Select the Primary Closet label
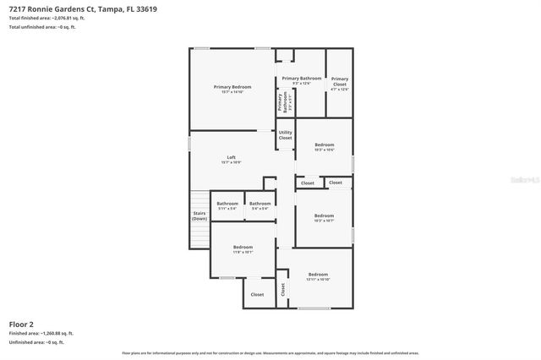(339, 82)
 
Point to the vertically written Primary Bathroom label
(280, 103)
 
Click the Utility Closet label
(286, 134)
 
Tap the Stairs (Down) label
(199, 215)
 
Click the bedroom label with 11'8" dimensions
(243, 248)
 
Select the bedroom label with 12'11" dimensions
(318, 276)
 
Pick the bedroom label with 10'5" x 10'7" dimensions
(324, 217)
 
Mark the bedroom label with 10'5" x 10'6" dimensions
(324, 147)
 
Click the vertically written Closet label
(283, 289)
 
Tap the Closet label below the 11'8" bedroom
(257, 294)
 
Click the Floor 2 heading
(21, 324)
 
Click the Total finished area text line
(46, 18)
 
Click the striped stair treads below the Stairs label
(199, 237)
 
